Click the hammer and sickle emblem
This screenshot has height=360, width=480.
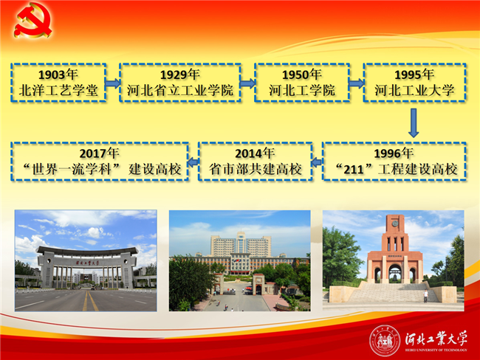[x=32, y=20]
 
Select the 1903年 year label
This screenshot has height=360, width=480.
[x=58, y=75]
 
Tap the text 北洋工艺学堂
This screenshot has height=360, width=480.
[x=58, y=90]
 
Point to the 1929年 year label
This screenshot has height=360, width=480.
[x=180, y=75]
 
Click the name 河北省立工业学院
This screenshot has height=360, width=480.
[x=180, y=90]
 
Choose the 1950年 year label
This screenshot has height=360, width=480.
[x=302, y=75]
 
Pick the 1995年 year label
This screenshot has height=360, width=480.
[x=414, y=75]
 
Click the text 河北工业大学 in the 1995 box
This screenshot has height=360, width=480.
[x=414, y=90]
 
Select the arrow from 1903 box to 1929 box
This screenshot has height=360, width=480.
[x=113, y=83]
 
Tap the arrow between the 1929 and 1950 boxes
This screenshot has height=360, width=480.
[x=247, y=83]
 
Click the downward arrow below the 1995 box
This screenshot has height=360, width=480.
[x=414, y=122]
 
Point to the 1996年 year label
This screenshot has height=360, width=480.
[x=394, y=153]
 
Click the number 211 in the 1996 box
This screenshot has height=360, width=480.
[x=354, y=170]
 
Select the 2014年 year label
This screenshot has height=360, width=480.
[x=255, y=153]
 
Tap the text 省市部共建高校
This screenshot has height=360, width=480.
[x=256, y=169]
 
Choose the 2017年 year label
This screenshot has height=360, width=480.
[x=99, y=153]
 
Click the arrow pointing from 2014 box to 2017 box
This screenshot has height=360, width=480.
[x=193, y=162]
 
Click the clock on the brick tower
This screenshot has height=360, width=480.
[x=395, y=224]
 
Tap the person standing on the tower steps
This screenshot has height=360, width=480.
[x=425, y=296]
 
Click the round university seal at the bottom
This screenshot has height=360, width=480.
[x=385, y=341]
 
